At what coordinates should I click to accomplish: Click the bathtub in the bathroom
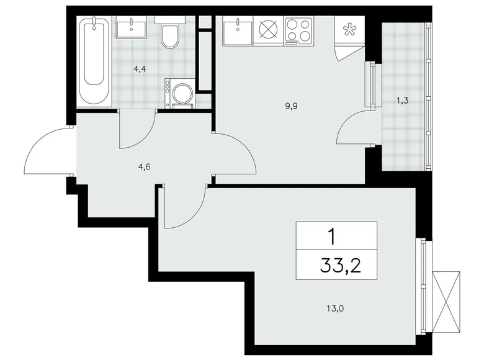click(x=94, y=61)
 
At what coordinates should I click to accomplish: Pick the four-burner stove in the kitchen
click(x=298, y=30)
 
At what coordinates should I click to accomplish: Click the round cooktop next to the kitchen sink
click(x=268, y=30)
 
